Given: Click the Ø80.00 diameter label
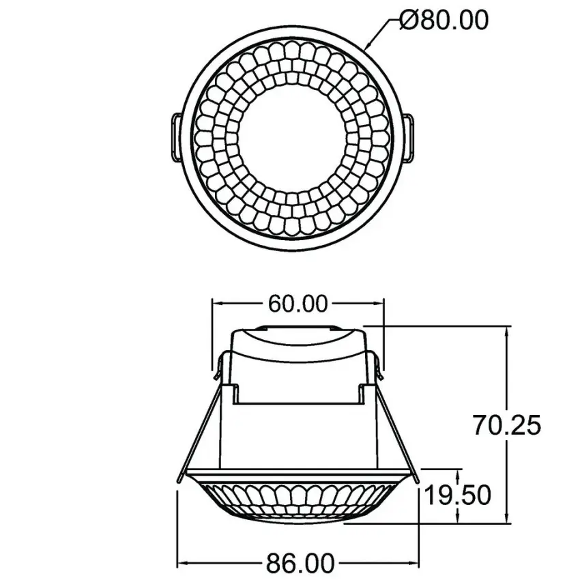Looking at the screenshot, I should point(444,21).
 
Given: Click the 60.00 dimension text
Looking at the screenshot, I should point(298,304).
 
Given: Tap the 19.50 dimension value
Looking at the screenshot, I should point(456,495).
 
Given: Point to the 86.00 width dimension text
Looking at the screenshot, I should point(300,564).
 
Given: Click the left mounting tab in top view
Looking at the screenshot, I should point(174,137).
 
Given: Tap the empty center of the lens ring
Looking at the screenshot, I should point(291,141).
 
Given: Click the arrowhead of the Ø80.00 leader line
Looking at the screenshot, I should point(368,48).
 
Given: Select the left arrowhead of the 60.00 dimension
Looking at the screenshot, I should point(216,304).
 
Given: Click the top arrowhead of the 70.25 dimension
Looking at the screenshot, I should point(507,332).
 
